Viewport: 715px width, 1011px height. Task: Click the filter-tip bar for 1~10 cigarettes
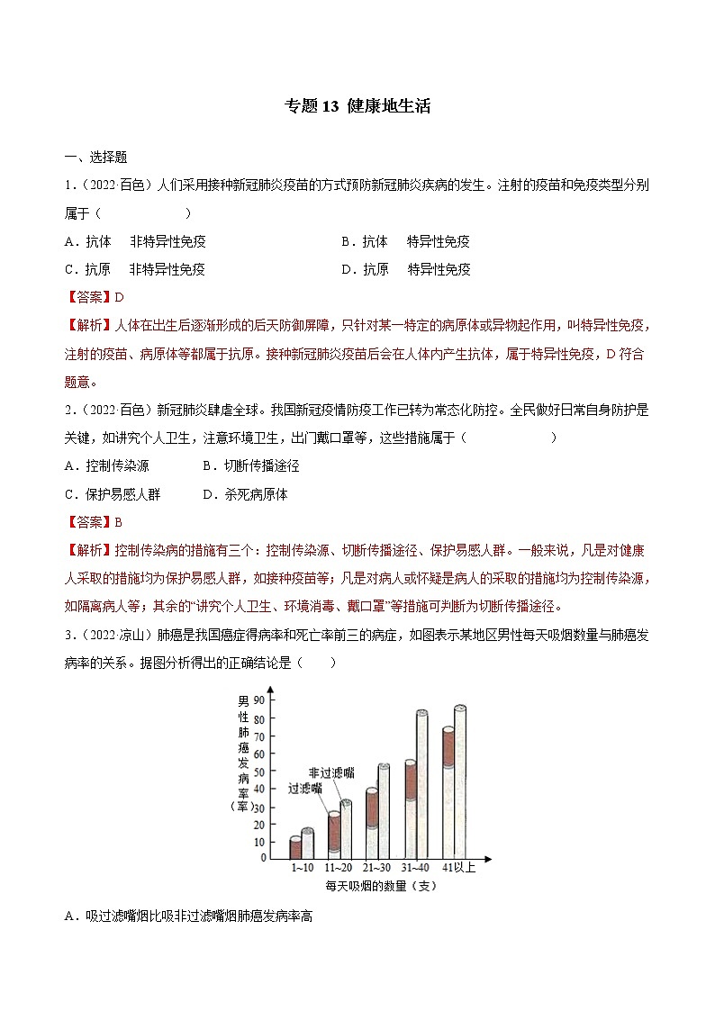coord(295,847)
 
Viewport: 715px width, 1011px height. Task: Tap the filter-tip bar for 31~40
coord(410,808)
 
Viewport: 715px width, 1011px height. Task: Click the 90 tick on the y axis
coord(260,700)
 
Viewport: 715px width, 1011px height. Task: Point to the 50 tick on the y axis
coord(260,772)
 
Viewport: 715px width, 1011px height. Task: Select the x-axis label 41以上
coord(458,868)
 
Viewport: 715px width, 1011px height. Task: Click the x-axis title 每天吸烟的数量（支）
coord(381,886)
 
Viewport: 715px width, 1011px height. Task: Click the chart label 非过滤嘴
coord(330,772)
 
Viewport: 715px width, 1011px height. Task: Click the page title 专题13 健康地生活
coord(357,106)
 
